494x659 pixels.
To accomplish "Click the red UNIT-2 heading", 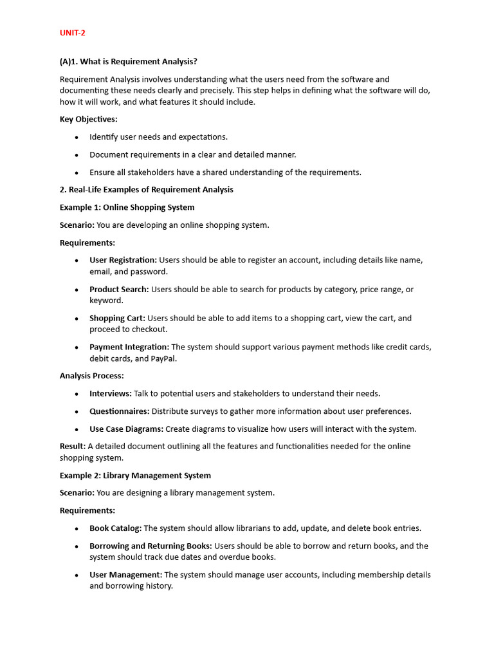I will [72, 33].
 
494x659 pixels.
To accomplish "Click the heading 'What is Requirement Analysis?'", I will [128, 62].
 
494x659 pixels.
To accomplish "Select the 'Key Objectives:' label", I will [89, 119].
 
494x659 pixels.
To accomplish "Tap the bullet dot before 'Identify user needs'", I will [77, 137].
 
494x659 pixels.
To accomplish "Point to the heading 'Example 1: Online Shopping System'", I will [127, 207].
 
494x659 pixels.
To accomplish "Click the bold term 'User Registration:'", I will [123, 260].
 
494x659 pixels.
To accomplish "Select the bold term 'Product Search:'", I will [119, 290].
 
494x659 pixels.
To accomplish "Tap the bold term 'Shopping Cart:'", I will [117, 318].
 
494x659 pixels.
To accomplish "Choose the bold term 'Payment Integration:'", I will [129, 347].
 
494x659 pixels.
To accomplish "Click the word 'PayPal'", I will [163, 358].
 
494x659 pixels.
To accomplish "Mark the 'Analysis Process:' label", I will [92, 376].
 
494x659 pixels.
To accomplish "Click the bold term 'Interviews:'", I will [111, 393].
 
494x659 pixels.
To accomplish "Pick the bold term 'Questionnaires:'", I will [119, 411].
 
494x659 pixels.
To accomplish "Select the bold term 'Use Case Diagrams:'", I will [126, 429].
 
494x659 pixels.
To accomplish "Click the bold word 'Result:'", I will [73, 446].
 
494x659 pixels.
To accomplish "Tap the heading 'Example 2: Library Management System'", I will [135, 476].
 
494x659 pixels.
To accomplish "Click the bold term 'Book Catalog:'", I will [115, 528].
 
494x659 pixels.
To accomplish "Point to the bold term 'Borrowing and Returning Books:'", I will [151, 546].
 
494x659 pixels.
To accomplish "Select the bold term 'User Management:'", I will [125, 575].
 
